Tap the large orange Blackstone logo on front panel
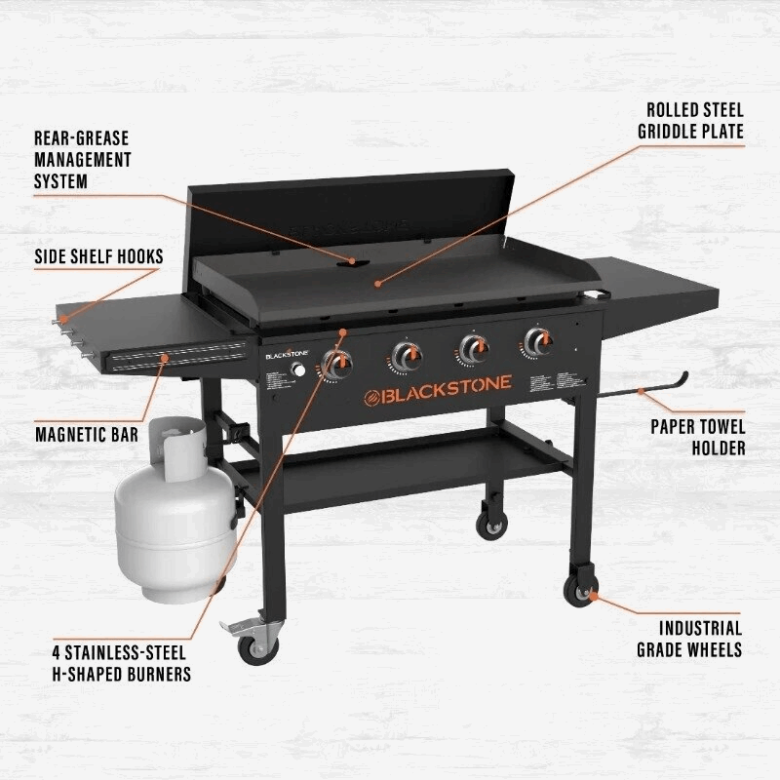pyautogui.click(x=438, y=394)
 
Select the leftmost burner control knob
pyautogui.click(x=338, y=364)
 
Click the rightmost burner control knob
pyautogui.click(x=536, y=341)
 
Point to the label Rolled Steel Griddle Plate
pyautogui.click(x=690, y=121)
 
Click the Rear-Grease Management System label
pyautogui.click(x=82, y=160)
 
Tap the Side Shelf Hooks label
pyautogui.click(x=97, y=255)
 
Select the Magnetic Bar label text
pyautogui.click(x=86, y=433)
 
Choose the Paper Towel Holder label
pyautogui.click(x=698, y=437)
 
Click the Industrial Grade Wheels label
pyautogui.click(x=688, y=639)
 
